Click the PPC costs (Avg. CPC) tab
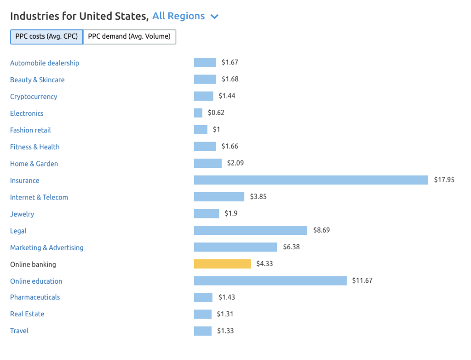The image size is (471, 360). pos(46,37)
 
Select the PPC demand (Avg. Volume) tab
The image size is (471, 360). pos(129,37)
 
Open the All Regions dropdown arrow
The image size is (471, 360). pos(214,17)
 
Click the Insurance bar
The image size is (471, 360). pos(311,180)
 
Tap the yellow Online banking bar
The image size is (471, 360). pos(223,264)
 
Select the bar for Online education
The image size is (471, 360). pos(270,280)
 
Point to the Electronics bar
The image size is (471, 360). pos(198,113)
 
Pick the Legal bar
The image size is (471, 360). pos(251,230)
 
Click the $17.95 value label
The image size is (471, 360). pos(444,180)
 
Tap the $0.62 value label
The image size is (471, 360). pos(216,113)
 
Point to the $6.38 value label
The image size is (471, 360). pos(291,247)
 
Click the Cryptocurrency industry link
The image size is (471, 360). pos(34,97)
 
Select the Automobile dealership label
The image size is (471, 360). pos(45,63)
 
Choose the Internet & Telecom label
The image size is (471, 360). pos(39,197)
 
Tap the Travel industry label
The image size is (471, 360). pos(19,331)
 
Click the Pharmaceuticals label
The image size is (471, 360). pos(35,297)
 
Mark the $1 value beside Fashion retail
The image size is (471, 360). pos(216,130)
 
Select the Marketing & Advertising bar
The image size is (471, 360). pos(235,247)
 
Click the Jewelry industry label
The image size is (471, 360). pos(22,214)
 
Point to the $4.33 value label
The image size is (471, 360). pos(264,264)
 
